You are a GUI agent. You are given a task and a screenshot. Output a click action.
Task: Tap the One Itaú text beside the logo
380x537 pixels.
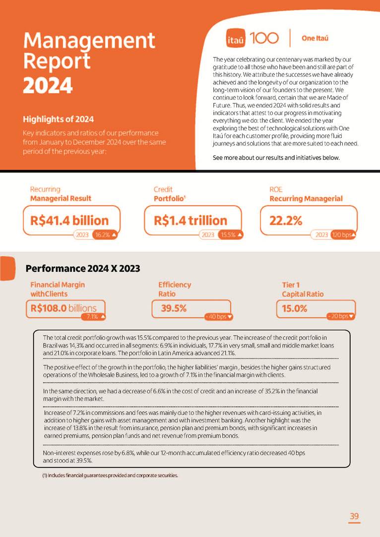pyautogui.click(x=315, y=38)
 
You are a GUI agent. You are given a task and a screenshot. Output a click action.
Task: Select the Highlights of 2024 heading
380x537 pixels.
pyautogui.click(x=58, y=119)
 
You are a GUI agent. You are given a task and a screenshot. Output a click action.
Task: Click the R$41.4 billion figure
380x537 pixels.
pyautogui.click(x=69, y=220)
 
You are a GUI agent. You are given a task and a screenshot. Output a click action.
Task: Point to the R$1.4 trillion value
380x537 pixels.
pyautogui.click(x=190, y=220)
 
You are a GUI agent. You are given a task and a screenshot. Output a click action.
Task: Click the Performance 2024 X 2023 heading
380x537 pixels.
pyautogui.click(x=83, y=269)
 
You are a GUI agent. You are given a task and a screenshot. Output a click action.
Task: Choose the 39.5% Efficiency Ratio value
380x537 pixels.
pyautogui.click(x=174, y=308)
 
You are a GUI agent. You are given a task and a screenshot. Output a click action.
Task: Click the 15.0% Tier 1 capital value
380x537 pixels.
pyautogui.click(x=295, y=308)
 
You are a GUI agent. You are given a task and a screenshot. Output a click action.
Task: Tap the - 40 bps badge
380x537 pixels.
pyautogui.click(x=218, y=316)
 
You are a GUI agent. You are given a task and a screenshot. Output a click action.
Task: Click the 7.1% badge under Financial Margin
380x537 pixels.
pyautogui.click(x=95, y=316)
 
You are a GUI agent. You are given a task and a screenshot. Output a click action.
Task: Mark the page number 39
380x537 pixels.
pyautogui.click(x=354, y=517)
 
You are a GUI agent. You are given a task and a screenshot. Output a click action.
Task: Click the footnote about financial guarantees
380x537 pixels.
pyautogui.click(x=110, y=476)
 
